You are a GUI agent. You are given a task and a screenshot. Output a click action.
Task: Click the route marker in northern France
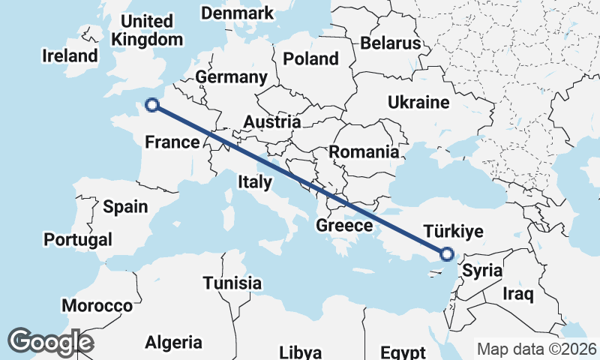coord(152,105)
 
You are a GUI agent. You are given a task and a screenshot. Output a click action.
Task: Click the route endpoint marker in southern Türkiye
coord(447,254)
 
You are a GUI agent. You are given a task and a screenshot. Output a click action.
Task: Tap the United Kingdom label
coord(145,30)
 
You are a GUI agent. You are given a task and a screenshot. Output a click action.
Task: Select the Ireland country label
coord(70,55)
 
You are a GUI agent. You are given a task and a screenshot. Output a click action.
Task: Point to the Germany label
coord(231,77)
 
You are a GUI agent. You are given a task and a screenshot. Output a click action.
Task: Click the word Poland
coord(310,58)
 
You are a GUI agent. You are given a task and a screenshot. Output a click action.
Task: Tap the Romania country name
coord(364,151)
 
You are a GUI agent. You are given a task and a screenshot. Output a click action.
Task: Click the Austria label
coord(272,121)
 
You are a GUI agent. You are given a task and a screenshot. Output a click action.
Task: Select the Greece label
coord(344,225)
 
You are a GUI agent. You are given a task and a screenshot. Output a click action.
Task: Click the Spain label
coord(124,206)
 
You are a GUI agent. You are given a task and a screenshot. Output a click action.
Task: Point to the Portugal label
coord(78,239)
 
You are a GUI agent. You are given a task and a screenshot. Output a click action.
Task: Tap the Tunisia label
coord(232,283)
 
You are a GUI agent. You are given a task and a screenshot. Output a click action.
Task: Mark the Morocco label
coord(97,305)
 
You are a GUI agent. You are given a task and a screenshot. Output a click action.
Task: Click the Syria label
coord(481,271)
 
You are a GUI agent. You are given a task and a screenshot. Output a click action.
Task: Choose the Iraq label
coord(518,293)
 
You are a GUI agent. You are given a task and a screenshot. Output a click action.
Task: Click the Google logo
coord(51,341)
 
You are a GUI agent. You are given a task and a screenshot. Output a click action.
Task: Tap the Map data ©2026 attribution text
coord(536,349)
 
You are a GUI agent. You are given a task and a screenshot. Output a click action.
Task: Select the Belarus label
coord(391,43)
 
